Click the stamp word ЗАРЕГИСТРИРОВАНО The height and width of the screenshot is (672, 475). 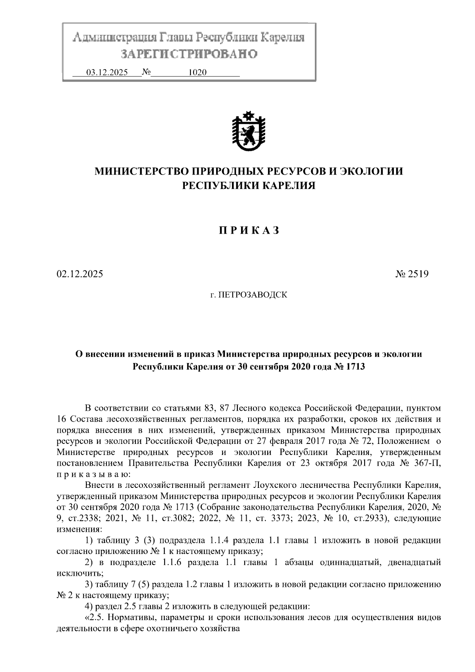click(189, 54)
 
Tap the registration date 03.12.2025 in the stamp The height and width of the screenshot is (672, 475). click(107, 73)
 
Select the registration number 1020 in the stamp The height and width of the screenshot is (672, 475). click(198, 73)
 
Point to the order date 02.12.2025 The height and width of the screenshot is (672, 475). click(80, 274)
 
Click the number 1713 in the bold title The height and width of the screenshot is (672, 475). click(355, 367)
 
